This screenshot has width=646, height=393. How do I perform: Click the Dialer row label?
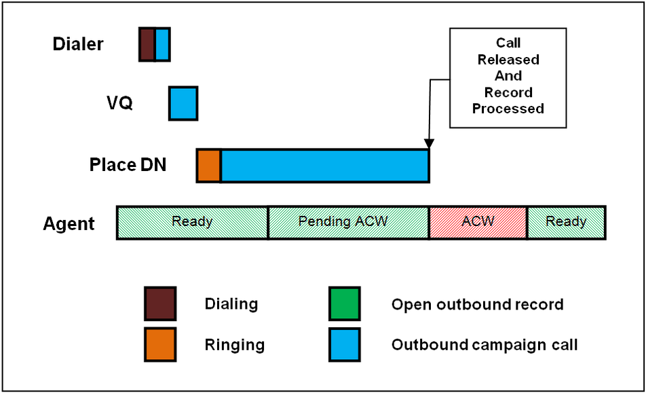tap(78, 44)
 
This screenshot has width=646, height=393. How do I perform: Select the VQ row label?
tap(119, 102)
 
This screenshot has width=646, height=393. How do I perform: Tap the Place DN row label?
tap(128, 165)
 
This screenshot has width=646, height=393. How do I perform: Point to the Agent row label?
tap(69, 224)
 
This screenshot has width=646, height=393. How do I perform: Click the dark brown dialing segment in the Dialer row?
tap(147, 45)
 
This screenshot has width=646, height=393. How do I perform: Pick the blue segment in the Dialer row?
tap(163, 45)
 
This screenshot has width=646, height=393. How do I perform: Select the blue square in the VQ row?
tap(183, 103)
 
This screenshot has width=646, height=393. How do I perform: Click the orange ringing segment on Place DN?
tap(209, 166)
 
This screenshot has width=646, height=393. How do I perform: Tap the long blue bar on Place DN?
tap(325, 166)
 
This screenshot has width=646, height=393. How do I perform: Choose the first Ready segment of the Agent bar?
tap(192, 223)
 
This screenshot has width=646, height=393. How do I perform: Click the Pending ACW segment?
tap(349, 223)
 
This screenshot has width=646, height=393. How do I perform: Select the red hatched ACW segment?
tap(478, 223)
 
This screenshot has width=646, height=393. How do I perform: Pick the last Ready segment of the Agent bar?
tap(567, 223)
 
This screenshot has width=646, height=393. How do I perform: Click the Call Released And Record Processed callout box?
tap(508, 78)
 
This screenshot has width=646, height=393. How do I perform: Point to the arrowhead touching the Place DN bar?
tap(429, 144)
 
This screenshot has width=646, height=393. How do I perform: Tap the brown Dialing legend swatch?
tap(160, 303)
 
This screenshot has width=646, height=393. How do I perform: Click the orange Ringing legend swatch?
tap(160, 344)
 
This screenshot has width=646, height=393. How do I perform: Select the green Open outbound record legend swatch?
tap(345, 303)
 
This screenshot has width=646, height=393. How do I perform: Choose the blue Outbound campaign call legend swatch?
tap(345, 344)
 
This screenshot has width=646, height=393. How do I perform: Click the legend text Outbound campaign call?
tap(484, 345)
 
